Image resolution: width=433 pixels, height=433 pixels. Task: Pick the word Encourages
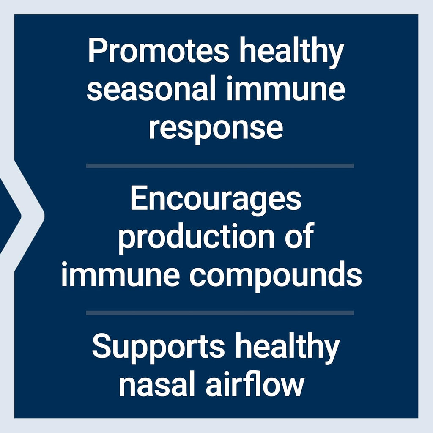(x=216, y=201)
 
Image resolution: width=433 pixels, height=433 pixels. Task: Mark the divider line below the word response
(x=220, y=166)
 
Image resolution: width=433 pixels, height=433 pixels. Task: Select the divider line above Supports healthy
(x=220, y=313)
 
